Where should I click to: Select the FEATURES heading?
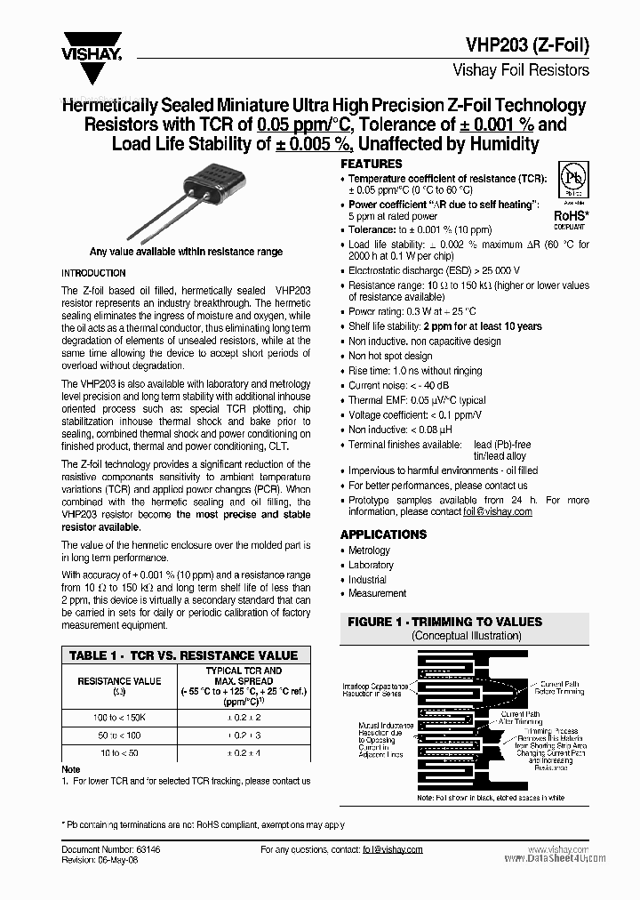point(372,165)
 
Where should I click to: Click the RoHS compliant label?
point(569,219)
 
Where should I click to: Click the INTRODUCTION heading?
point(93,273)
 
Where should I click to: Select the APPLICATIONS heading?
point(383,534)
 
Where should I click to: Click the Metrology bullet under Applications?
point(369,550)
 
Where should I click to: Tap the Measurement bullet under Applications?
point(377,593)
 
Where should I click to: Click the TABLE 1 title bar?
point(184,655)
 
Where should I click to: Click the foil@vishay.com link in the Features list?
point(497,512)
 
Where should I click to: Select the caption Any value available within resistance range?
point(186,252)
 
